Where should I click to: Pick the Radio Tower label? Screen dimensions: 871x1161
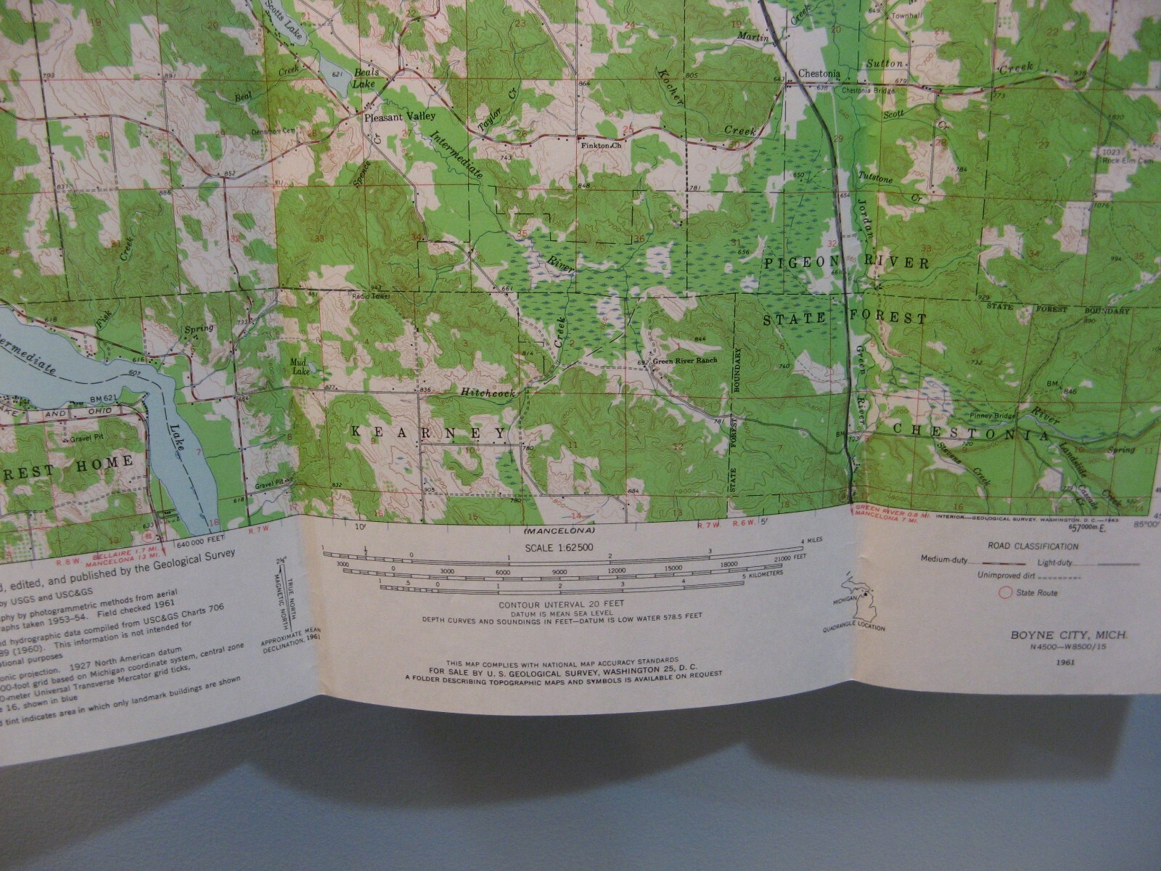(x=369, y=297)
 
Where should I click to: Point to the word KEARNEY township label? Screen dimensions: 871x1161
(x=428, y=433)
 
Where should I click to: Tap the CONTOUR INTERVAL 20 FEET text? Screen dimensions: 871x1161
(x=562, y=604)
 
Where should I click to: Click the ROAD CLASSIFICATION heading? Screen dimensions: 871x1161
(x=1032, y=546)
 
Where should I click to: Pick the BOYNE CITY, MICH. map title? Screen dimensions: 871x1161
(x=1069, y=634)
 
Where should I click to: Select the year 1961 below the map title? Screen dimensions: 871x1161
(x=1066, y=662)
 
